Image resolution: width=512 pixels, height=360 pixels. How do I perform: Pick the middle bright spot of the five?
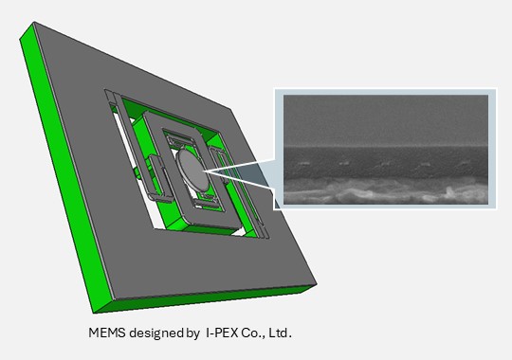tap(383, 163)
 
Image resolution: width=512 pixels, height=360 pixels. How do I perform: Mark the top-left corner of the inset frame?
tap(274, 89)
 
